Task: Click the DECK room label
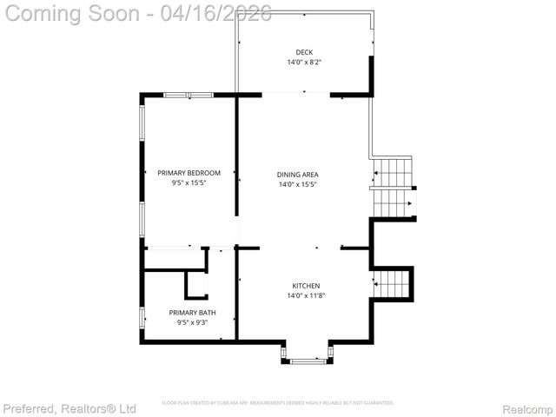[x=304, y=52]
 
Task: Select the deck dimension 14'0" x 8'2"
[x=304, y=63]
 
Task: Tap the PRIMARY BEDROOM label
[x=189, y=173]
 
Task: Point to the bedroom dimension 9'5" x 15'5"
[x=189, y=183]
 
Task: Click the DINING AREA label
[x=298, y=174]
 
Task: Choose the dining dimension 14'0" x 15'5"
[x=298, y=184]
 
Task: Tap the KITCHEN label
[x=306, y=286]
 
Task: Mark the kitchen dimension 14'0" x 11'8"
[x=306, y=296]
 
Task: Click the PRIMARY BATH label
[x=193, y=313]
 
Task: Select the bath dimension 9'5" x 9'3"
[x=193, y=323]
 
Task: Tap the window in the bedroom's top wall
[x=189, y=95]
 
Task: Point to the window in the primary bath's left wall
[x=142, y=319]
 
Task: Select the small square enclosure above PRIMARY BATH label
[x=197, y=285]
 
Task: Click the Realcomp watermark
[x=527, y=408]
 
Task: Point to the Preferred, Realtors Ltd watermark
[x=69, y=408]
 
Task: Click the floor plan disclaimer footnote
[x=278, y=403]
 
